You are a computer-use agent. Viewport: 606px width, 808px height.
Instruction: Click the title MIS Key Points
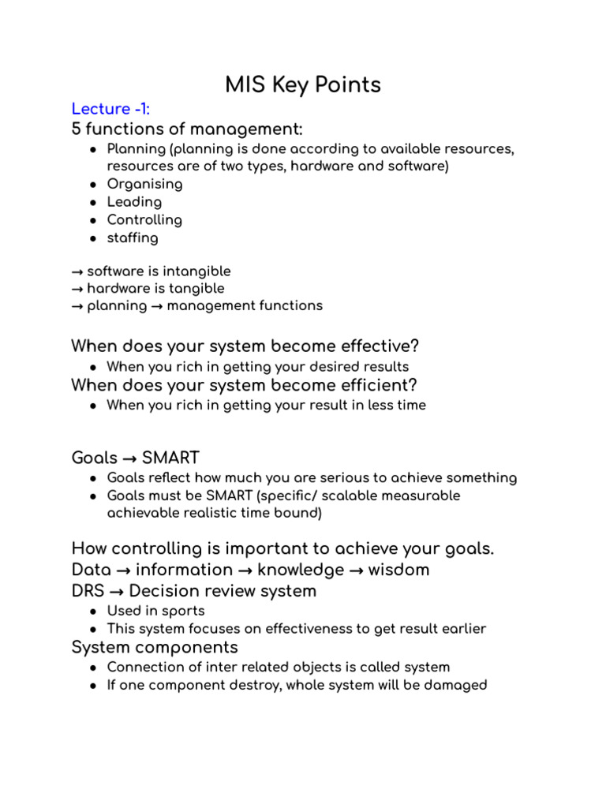pos(303,84)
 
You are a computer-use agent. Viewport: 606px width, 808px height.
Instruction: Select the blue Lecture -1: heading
pos(110,108)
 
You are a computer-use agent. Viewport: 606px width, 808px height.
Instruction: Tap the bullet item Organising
pos(144,184)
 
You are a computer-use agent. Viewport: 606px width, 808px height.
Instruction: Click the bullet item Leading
pos(133,202)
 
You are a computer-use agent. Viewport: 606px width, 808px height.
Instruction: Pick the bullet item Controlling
pos(144,220)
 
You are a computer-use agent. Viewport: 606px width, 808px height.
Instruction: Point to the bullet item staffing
pos(133,238)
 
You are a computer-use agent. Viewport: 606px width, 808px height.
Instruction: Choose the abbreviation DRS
pos(87,591)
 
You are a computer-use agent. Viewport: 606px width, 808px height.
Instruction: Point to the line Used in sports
pos(155,611)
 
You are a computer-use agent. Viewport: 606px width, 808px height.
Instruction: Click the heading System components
pos(155,648)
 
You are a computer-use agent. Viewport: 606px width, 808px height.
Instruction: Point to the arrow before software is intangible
pos(77,271)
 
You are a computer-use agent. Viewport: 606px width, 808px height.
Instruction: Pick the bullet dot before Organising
pos(93,185)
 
